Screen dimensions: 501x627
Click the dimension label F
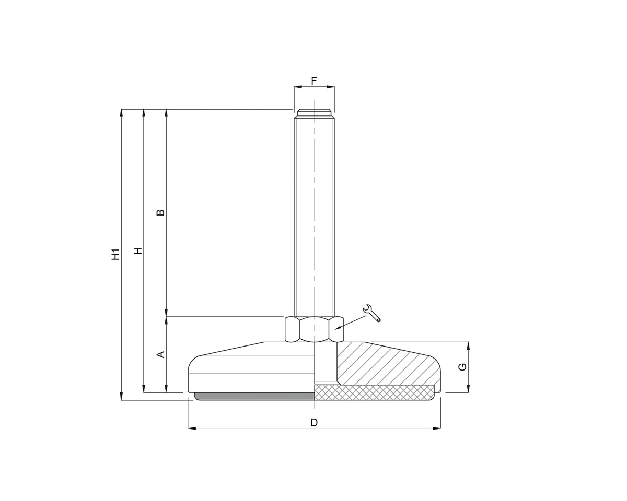tap(314, 81)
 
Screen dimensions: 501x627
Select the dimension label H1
tap(115, 254)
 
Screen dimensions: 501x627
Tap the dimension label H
tap(138, 250)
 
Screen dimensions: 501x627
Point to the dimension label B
tap(161, 212)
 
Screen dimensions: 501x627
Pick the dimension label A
tap(161, 354)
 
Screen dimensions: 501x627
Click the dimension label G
tap(462, 367)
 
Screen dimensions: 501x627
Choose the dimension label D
tap(314, 422)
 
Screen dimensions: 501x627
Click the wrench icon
tap(371, 313)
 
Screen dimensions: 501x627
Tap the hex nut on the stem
tap(313, 329)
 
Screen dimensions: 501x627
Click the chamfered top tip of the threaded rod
tap(314, 112)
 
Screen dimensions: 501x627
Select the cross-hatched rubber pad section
tap(374, 392)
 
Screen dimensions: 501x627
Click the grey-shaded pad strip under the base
tap(255, 397)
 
